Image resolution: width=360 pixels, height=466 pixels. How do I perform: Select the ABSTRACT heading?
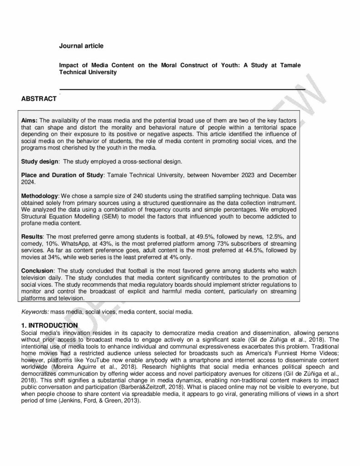point(39,99)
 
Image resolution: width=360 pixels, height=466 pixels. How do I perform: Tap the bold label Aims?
point(30,120)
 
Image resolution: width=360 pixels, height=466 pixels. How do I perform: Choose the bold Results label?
point(32,237)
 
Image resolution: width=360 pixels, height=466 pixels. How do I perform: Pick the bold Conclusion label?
point(37,272)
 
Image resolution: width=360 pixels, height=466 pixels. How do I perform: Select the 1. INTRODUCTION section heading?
point(49,325)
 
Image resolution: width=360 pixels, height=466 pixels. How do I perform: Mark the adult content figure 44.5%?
point(242,250)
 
